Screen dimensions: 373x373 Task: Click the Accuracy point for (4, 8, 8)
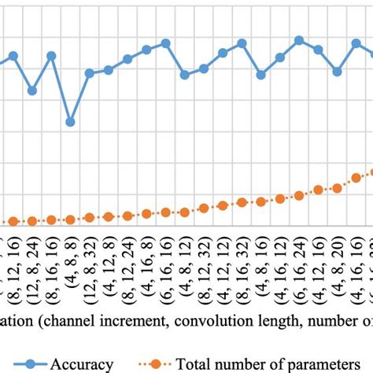coord(70,122)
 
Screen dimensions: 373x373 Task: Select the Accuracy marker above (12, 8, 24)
coord(32,90)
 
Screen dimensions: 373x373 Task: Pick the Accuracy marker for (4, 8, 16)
coord(261,75)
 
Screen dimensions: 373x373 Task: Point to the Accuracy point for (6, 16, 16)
coord(165,43)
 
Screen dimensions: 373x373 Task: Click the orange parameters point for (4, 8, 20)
coord(337,187)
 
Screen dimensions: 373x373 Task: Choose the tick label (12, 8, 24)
coord(32,276)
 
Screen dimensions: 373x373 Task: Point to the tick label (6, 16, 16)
coord(165,276)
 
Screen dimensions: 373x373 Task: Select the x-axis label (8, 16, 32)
coord(242,276)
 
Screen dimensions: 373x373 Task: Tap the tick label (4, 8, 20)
coord(337,275)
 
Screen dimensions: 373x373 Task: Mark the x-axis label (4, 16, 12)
coord(279,276)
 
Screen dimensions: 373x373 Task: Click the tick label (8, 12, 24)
coord(127,276)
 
